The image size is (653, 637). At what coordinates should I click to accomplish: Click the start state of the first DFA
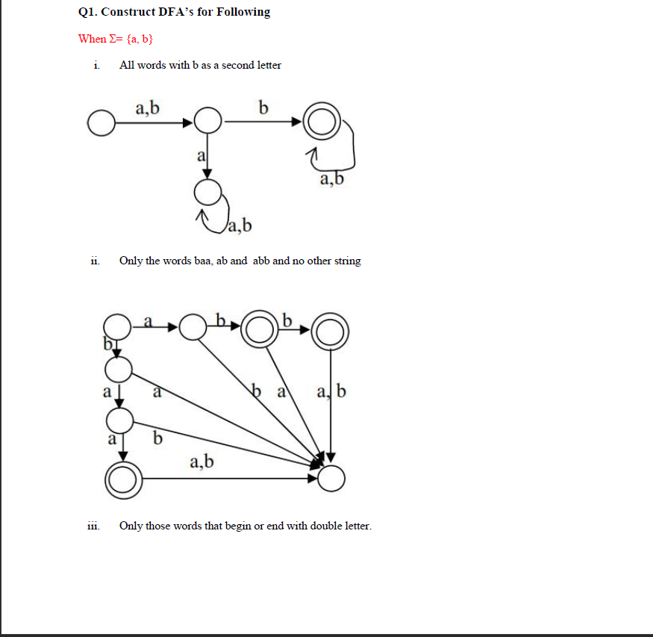coord(101,122)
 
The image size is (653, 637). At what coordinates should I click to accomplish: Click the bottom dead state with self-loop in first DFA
coord(207,192)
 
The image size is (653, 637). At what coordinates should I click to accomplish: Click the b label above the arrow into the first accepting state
coord(263,108)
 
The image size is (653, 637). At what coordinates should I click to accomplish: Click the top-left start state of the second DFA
coord(116,326)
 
